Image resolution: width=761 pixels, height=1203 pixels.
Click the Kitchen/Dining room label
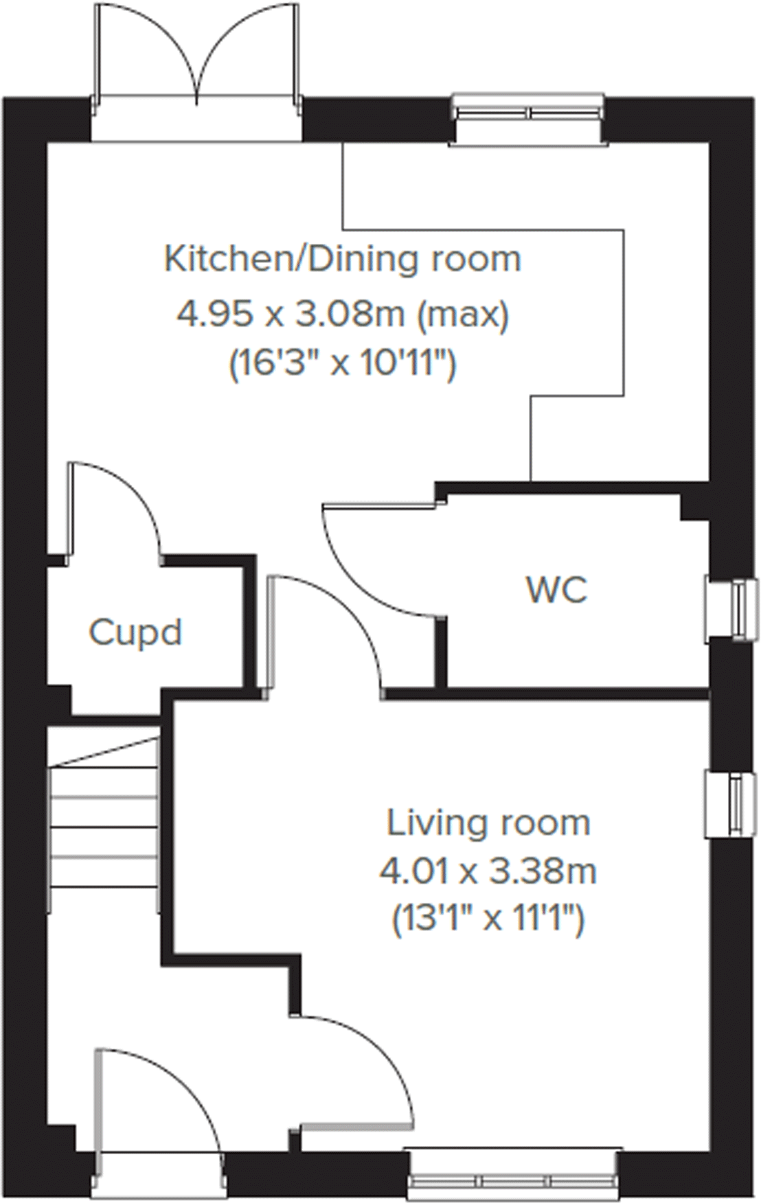coord(342,260)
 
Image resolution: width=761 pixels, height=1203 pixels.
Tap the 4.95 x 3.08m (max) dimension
coord(342,315)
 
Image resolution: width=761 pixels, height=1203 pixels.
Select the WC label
coord(556,590)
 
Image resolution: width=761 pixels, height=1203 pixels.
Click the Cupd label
coord(135,632)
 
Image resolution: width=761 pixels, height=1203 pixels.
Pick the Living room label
coord(488,823)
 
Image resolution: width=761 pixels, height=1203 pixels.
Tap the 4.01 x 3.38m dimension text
coord(488,872)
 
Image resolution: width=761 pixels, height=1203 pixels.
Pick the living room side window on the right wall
coord(734,804)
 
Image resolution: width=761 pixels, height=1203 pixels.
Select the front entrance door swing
coord(161,1099)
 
